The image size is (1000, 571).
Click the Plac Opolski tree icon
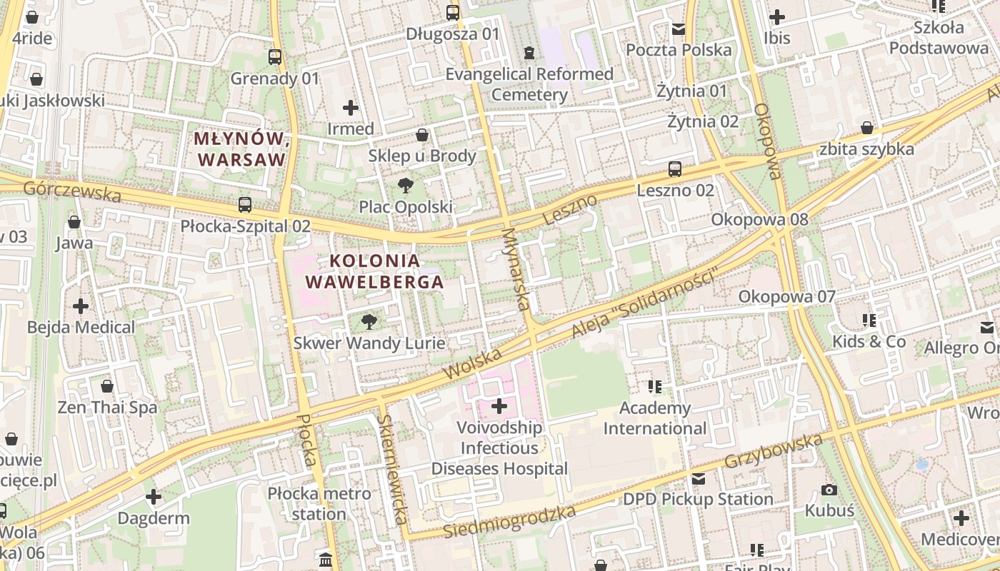405,186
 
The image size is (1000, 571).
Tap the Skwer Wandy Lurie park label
369,343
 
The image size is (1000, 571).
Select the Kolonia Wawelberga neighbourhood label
374,271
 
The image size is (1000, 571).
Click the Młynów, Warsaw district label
241,148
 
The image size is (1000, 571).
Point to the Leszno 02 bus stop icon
675,169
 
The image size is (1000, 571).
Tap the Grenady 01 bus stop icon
275,57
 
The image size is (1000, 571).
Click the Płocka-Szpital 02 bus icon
245,205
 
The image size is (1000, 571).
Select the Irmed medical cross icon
350,108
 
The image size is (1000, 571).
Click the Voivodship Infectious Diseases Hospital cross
499,406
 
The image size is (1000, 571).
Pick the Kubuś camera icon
829,490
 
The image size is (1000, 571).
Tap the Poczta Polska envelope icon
679,29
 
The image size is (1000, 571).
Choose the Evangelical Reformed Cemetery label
529,84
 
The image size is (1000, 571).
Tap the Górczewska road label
72,191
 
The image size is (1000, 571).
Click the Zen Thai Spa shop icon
107,386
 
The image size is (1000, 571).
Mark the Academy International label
655,418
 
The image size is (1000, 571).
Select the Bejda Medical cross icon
81,306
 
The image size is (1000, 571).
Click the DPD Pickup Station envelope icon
699,478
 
